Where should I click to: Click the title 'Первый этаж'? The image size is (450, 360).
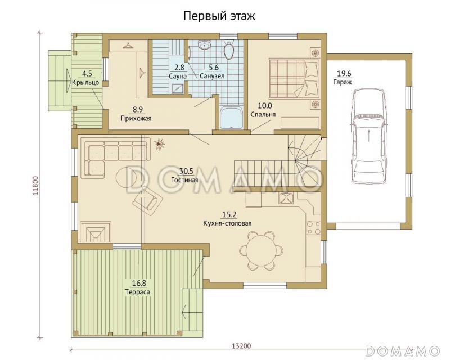[x=219, y=16]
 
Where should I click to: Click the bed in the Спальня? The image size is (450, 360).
[x=292, y=78]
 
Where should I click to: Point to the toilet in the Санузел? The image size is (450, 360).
[x=228, y=52]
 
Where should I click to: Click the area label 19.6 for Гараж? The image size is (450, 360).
[x=344, y=73]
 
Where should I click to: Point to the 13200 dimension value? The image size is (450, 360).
[x=241, y=346]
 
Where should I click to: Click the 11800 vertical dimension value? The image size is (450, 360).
[x=35, y=185]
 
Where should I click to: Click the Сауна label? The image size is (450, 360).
[x=177, y=75]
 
